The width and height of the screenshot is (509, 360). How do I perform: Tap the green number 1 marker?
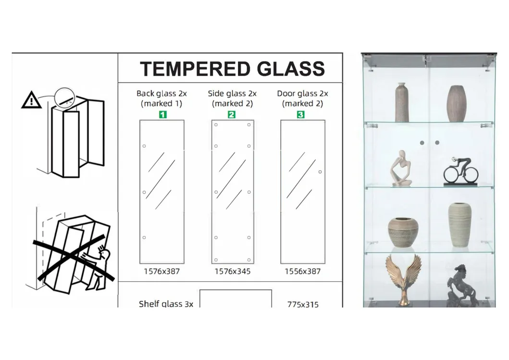tap(162, 114)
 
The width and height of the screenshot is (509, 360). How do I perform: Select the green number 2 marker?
tap(232, 114)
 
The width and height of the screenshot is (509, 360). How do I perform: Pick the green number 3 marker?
tap(300, 114)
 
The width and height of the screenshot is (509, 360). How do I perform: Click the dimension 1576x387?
tap(161, 271)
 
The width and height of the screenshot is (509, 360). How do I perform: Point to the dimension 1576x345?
tap(232, 271)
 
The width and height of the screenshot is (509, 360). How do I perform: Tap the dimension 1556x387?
tap(302, 271)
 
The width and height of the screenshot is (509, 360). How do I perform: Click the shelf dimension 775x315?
tap(303, 304)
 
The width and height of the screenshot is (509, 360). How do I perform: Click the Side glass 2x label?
tap(232, 94)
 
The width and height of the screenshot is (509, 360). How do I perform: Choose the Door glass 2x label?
tap(302, 94)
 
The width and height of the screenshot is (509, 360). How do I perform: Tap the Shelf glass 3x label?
tap(166, 304)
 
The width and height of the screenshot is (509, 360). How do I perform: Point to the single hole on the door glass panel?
tap(320, 172)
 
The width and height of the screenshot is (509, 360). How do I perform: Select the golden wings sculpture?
tap(403, 279)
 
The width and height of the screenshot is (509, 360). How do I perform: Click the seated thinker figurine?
tap(401, 168)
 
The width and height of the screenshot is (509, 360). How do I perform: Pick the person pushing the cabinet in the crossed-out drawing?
tap(102, 267)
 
